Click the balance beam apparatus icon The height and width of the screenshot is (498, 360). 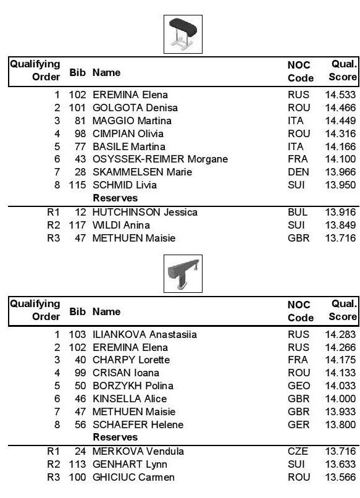pos(182,274)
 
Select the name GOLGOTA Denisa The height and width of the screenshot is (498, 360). pos(127,108)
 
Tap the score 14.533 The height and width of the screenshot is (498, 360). pos(340,95)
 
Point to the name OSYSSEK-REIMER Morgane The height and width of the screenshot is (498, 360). pos(161,159)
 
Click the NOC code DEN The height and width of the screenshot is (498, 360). pos(296,172)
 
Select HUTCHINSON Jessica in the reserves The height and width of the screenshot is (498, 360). pos(145,213)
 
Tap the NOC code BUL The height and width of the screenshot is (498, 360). pos(297,213)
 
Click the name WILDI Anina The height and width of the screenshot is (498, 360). pos(121,226)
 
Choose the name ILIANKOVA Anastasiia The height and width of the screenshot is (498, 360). pos(144,335)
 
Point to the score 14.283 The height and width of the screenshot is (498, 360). pos(340,335)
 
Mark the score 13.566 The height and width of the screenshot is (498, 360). pos(340,478)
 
